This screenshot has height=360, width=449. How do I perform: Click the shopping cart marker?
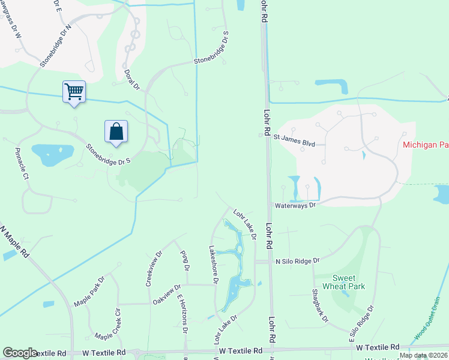coord(74,92)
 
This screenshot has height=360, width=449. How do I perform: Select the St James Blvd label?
coord(295,137)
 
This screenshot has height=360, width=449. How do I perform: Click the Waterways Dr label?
coord(295,205)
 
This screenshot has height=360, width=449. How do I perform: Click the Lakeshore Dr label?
coord(212,265)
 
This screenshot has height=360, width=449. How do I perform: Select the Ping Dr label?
coord(185,260)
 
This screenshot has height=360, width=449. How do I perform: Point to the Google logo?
coord(20,353)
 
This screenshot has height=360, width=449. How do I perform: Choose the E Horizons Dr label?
coord(182,314)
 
